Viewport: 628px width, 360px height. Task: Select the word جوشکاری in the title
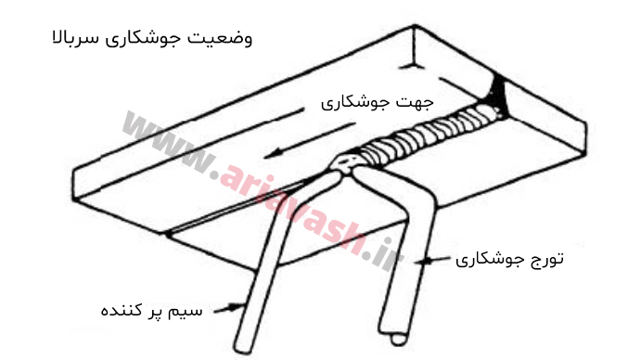pyautogui.click(x=150, y=41)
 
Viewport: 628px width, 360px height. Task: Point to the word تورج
pyautogui.click(x=543, y=257)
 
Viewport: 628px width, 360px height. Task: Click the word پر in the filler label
pyautogui.click(x=163, y=308)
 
